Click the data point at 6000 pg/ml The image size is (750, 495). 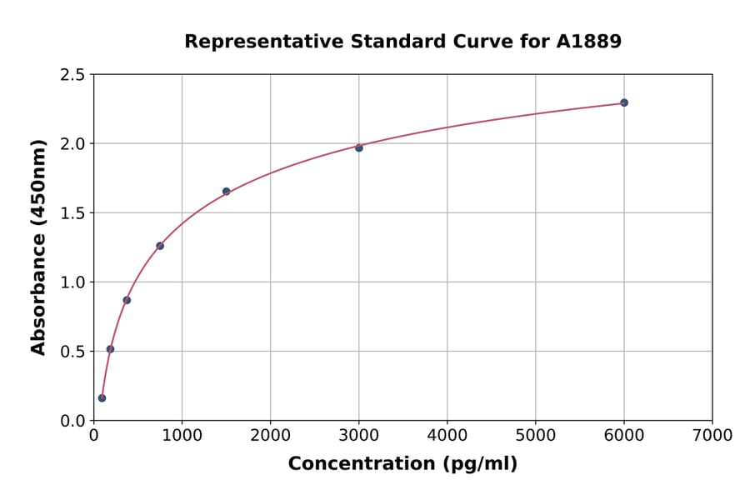[624, 102]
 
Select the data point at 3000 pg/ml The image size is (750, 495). [359, 147]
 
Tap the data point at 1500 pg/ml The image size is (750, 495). [226, 192]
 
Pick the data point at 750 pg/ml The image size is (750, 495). [160, 246]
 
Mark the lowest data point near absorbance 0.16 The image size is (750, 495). [102, 398]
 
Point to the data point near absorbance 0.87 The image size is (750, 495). [127, 300]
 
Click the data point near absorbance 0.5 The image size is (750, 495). [110, 349]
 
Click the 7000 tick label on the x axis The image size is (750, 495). [712, 436]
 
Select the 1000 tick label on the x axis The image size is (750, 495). [182, 436]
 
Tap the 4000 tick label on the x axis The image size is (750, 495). [447, 436]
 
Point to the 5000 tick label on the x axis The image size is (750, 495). [535, 436]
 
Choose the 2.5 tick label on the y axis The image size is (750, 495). [72, 75]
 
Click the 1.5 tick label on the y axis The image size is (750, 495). [72, 213]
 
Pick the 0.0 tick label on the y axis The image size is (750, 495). [72, 421]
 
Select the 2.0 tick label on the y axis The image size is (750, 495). [72, 144]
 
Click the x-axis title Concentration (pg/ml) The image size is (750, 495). [402, 464]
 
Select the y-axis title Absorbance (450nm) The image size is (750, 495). [39, 247]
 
